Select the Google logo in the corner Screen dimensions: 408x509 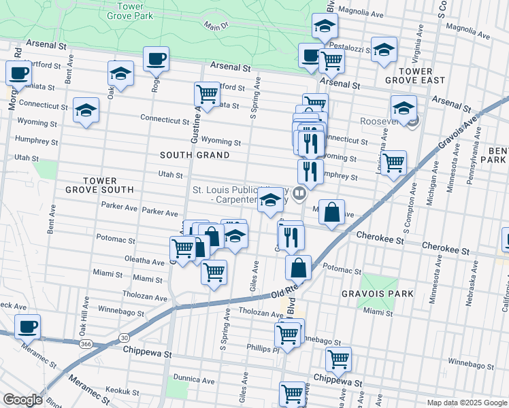tap(22, 400)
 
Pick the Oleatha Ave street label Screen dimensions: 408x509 tap(144, 260)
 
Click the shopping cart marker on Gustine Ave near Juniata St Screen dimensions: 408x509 tap(206, 93)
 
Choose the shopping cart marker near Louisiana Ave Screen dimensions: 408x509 tap(393, 163)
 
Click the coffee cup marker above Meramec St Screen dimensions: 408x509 tap(27, 326)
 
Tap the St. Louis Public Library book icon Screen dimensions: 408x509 tap(298, 196)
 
